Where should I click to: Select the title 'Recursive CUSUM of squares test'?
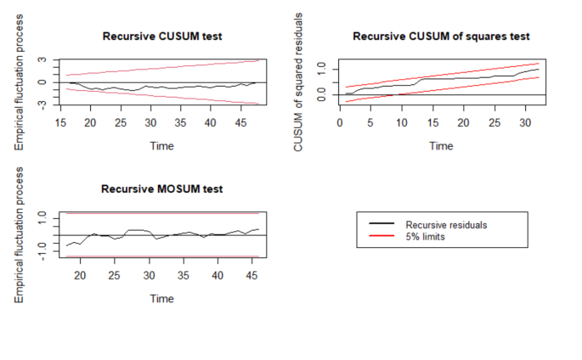coord(441,37)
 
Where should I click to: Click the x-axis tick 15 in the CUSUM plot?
coord(60,122)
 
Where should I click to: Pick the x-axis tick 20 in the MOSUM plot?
coord(80,275)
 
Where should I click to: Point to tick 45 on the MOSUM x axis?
coord(252,275)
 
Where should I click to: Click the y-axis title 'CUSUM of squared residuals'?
coord(299,82)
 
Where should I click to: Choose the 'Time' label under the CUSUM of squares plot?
coord(441,145)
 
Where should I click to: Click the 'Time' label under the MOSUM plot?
coord(161,298)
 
